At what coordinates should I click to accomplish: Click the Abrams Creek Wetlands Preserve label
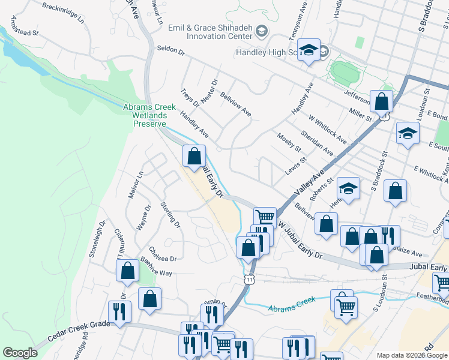tap(149, 115)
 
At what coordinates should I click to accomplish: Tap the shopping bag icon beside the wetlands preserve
tap(194, 157)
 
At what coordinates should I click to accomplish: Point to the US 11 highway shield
tap(250, 278)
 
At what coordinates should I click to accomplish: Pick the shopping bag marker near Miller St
tap(381, 101)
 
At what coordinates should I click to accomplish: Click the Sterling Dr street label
tap(170, 214)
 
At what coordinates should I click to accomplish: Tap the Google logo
tap(20, 353)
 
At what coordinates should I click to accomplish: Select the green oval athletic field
tap(343, 74)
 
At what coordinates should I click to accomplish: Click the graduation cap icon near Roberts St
tap(348, 189)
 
